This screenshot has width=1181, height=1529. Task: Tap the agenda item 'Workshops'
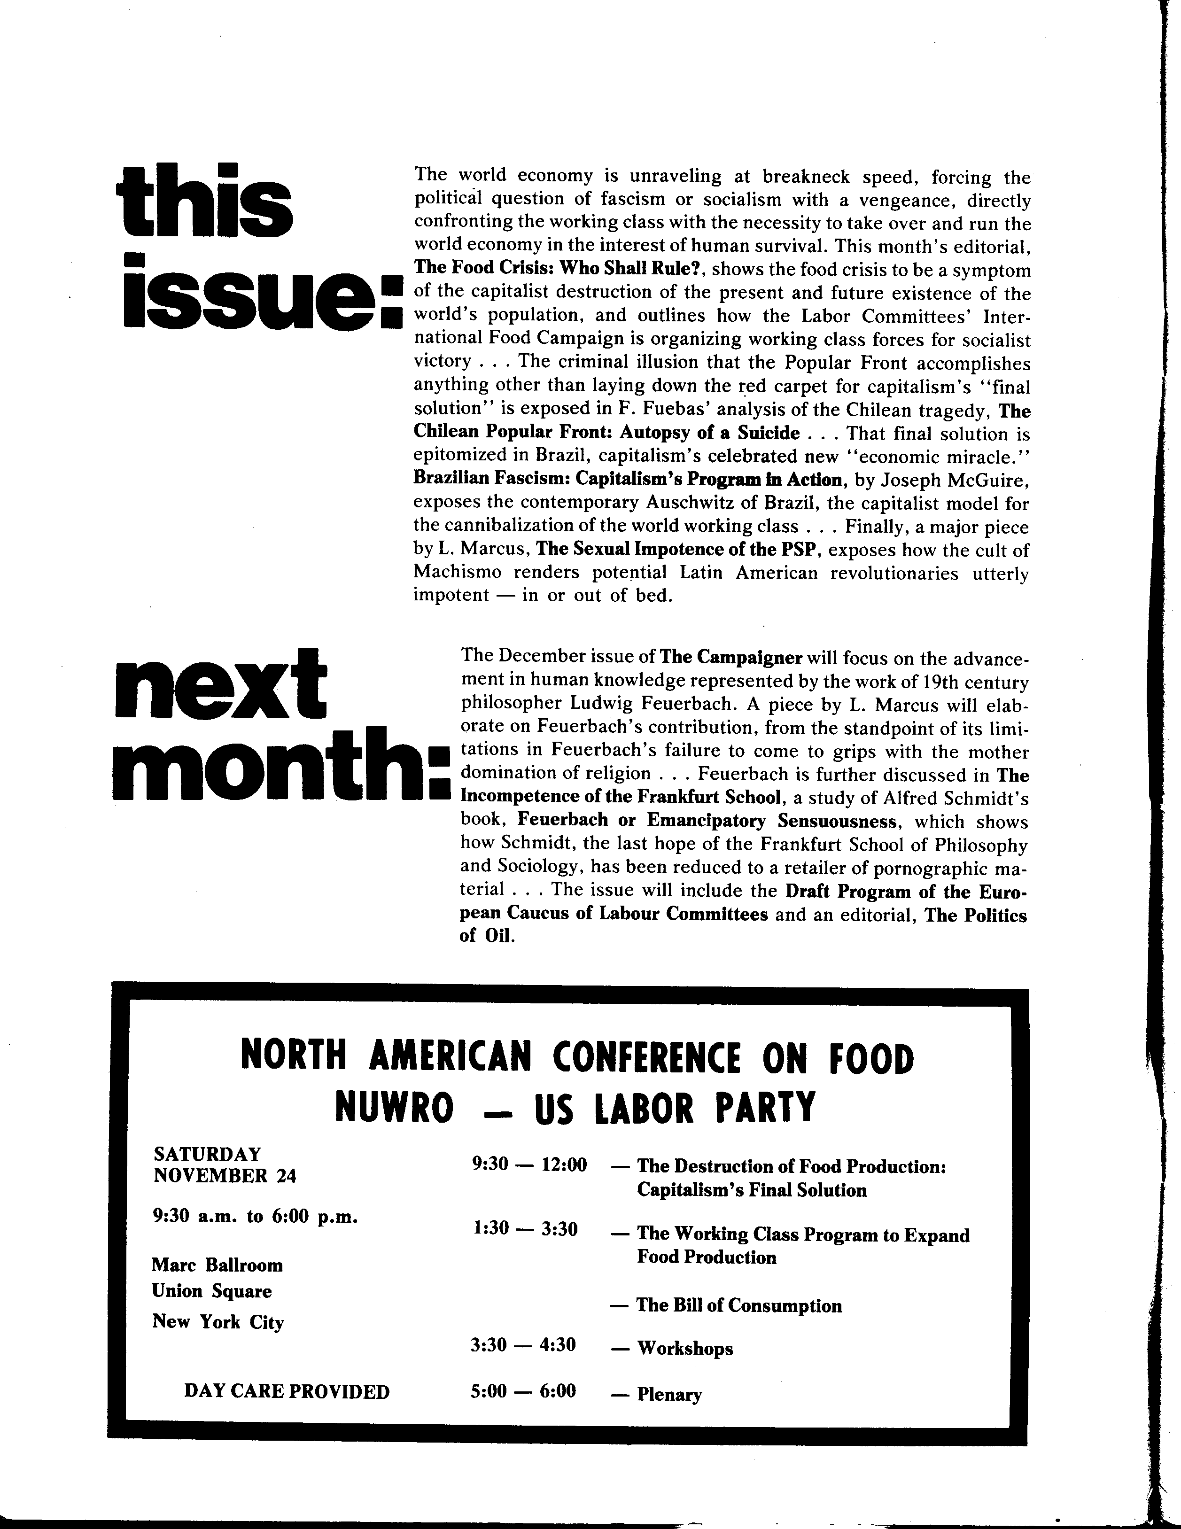point(684,1349)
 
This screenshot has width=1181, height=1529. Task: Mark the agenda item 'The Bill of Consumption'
point(738,1306)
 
